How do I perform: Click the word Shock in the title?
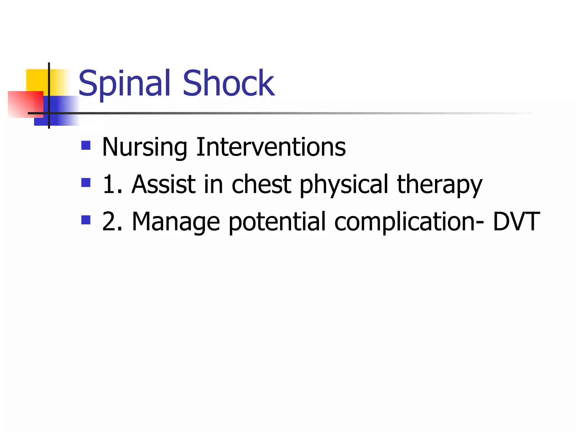[228, 84]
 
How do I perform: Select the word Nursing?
[144, 147]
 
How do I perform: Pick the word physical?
[344, 185]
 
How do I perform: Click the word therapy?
[440, 185]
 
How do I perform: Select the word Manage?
[176, 222]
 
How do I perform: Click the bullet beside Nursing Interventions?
[86, 145]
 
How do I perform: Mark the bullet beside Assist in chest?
[86, 183]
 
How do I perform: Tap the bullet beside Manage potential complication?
[86, 220]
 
